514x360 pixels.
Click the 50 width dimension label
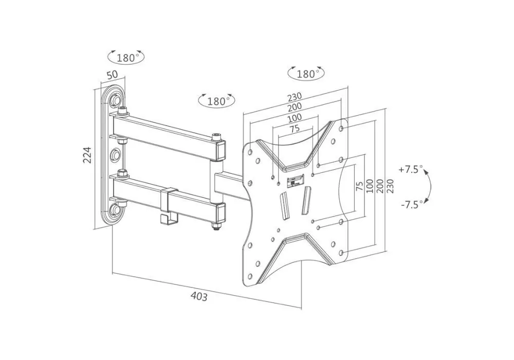click(112, 75)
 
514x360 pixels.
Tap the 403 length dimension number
click(199, 296)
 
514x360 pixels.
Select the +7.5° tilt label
click(410, 169)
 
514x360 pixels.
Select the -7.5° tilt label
click(411, 204)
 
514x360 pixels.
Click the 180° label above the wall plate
click(126, 57)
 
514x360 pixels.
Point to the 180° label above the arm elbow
click(217, 101)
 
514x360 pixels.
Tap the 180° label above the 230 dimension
click(307, 74)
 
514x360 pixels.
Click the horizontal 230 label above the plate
click(294, 97)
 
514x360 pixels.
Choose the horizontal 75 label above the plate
click(294, 129)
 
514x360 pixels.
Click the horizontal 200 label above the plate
click(295, 107)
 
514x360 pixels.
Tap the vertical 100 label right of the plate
click(370, 185)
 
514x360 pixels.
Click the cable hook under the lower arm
click(166, 216)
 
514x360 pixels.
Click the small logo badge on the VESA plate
click(296, 181)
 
